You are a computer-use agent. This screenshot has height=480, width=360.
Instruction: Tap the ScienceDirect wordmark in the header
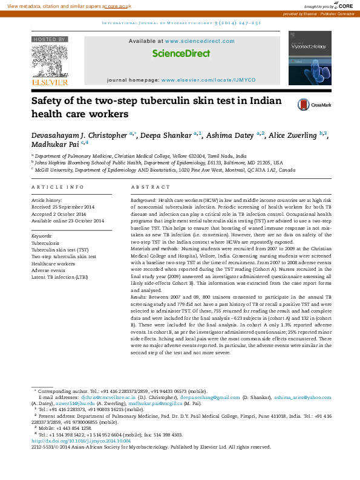pos(181,53)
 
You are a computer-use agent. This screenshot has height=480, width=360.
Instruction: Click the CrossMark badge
pos(314,105)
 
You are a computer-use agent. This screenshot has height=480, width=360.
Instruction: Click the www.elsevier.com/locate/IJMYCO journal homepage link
pos(208,80)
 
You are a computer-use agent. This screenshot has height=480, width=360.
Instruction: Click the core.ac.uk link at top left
pos(117,5)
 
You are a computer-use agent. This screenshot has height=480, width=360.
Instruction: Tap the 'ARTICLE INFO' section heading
pos(57,187)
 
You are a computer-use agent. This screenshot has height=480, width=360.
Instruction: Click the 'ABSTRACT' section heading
pos(146,187)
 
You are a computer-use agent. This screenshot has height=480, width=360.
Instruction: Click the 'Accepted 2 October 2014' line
pos(59,213)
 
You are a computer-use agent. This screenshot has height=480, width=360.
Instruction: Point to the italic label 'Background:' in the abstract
pos(144,199)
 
